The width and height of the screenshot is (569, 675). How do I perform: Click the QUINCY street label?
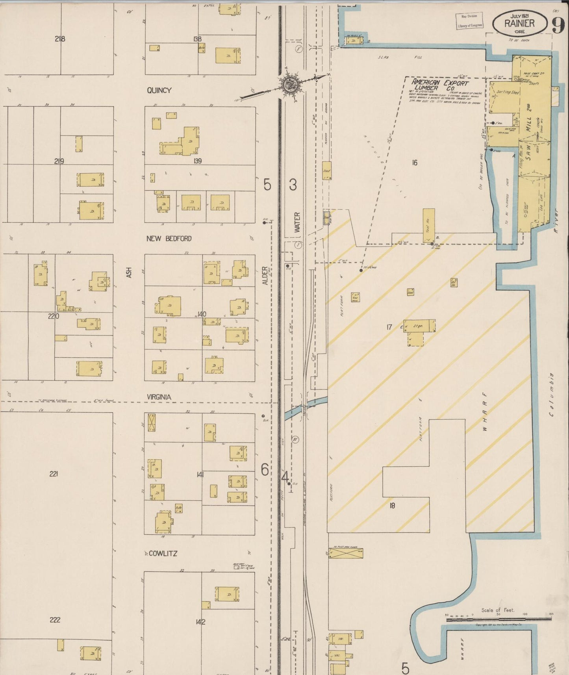[x=159, y=90]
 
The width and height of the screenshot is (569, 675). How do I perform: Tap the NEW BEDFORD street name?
[x=169, y=239]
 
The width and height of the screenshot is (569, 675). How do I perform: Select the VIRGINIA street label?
[x=159, y=397]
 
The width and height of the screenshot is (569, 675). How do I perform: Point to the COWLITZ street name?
[x=163, y=553]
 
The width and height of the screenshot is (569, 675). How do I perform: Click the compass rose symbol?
[x=290, y=83]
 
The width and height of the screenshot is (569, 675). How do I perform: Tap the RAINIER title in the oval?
[x=520, y=23]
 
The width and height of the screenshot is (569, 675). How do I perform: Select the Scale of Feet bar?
[x=499, y=619]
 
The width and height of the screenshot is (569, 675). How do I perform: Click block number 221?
[x=54, y=474]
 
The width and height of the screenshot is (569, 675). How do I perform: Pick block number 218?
[x=60, y=39]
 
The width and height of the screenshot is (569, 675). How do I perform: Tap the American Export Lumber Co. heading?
[x=440, y=85]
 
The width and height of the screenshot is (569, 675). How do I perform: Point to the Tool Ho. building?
[x=429, y=224]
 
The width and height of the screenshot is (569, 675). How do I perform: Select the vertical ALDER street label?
[x=265, y=276]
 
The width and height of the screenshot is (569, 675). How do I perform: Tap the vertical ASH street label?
[x=129, y=273]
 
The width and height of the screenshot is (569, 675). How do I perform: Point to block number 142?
[x=200, y=622]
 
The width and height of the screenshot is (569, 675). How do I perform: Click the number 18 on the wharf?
[x=392, y=505]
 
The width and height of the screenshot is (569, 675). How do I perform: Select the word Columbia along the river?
[x=551, y=395]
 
